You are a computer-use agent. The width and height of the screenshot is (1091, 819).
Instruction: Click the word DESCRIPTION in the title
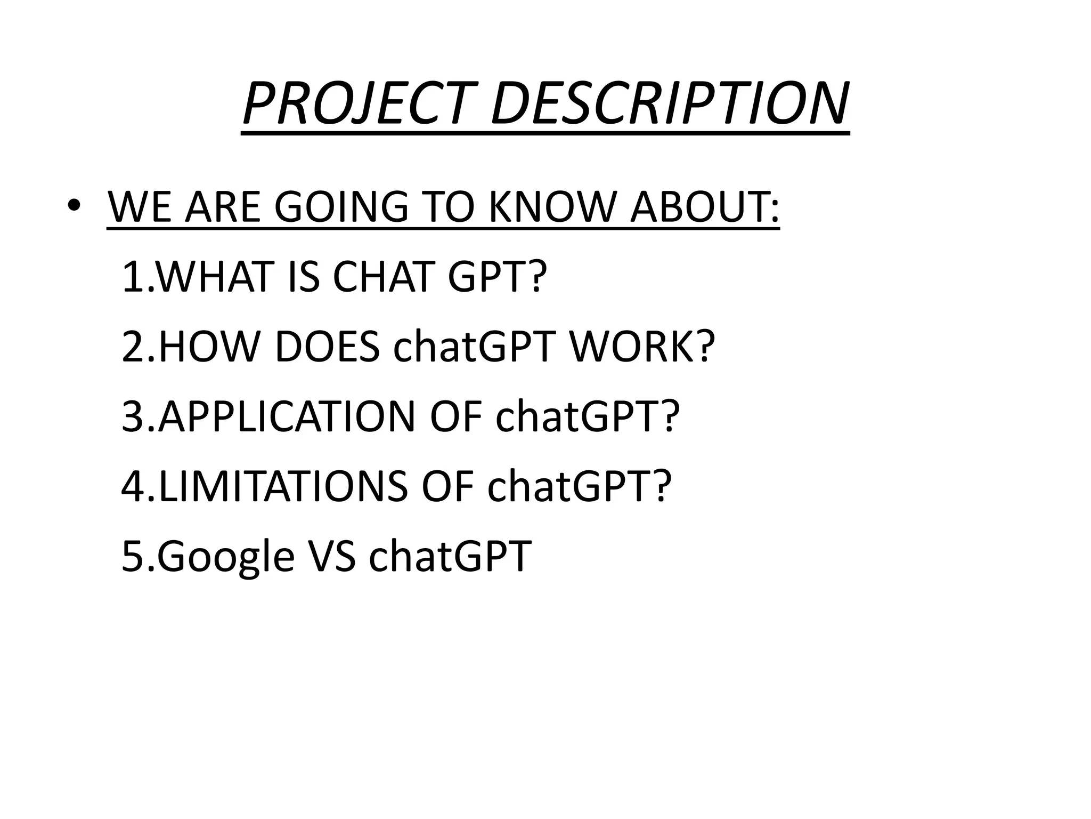669,103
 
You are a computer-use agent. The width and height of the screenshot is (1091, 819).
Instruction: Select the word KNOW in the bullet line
552,207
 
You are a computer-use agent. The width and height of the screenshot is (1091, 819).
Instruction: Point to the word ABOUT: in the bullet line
704,207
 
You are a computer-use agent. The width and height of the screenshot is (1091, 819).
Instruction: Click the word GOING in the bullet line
341,207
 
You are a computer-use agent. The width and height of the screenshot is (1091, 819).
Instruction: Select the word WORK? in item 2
642,346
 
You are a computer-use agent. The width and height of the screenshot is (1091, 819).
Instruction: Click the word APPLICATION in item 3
286,416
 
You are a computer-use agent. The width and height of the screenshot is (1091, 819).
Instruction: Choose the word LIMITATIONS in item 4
282,486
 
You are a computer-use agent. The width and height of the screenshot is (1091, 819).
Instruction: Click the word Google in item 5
225,556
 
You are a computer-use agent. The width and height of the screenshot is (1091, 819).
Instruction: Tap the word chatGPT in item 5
450,556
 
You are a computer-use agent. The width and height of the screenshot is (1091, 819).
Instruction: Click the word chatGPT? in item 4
577,486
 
